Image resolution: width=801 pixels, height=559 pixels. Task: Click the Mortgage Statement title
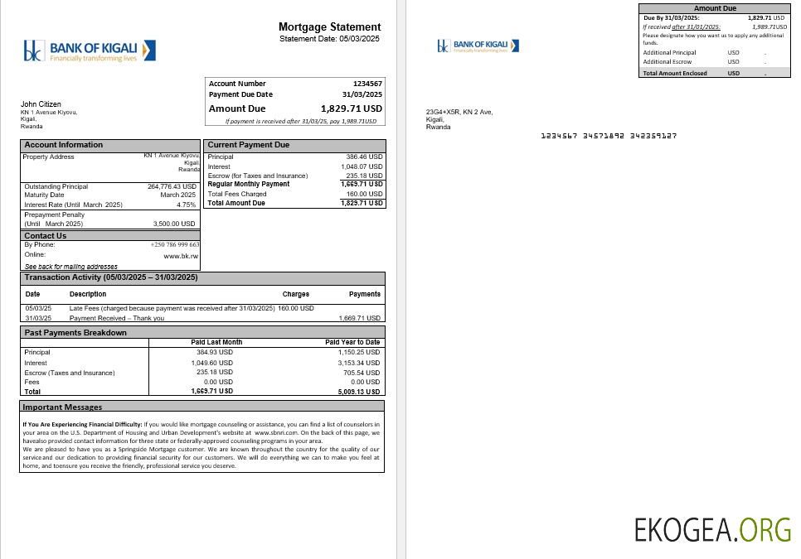pyautogui.click(x=329, y=27)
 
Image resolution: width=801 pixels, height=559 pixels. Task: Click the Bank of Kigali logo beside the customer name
pyautogui.click(x=90, y=51)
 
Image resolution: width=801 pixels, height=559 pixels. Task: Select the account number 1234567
pyautogui.click(x=367, y=84)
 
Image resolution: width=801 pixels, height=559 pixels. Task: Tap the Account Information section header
pyautogui.click(x=64, y=145)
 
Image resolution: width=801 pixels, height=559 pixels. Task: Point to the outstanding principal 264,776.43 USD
pyautogui.click(x=172, y=186)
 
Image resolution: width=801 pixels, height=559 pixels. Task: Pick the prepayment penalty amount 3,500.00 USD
pyautogui.click(x=174, y=224)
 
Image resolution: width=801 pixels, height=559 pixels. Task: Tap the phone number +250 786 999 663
pyautogui.click(x=174, y=245)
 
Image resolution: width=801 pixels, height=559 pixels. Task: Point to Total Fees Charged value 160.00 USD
pyautogui.click(x=365, y=194)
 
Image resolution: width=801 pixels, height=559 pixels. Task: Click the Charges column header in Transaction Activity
pyautogui.click(x=295, y=294)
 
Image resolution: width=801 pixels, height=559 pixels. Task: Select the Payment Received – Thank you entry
pyautogui.click(x=117, y=318)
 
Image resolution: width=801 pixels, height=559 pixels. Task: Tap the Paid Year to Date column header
pyautogui.click(x=352, y=342)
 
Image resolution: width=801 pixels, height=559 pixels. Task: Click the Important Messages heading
pyautogui.click(x=62, y=407)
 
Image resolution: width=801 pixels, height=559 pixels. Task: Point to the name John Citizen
pyautogui.click(x=40, y=104)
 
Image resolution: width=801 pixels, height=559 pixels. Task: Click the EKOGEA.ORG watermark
pyautogui.click(x=712, y=528)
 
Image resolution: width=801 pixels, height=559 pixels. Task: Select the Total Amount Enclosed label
pyautogui.click(x=675, y=73)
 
